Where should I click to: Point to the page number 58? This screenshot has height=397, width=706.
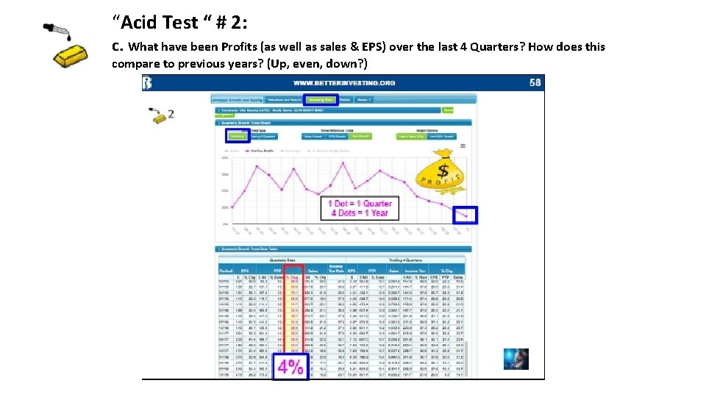point(535,82)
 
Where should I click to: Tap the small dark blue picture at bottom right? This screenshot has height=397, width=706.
point(516,358)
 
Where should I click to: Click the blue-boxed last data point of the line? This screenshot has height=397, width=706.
point(464,215)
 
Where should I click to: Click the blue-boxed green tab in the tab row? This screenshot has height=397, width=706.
point(321,99)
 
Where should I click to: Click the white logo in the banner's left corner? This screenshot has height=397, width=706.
point(148,82)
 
